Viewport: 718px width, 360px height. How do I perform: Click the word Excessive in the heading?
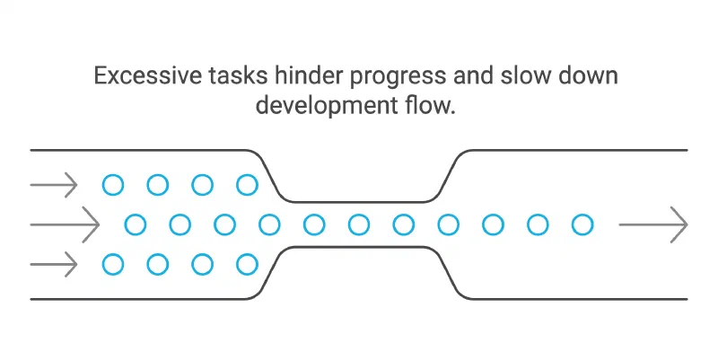[x=147, y=75]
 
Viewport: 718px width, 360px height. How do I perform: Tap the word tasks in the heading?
[x=238, y=75]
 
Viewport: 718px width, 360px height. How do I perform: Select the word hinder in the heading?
[x=309, y=75]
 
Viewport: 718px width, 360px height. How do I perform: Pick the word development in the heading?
[x=327, y=107]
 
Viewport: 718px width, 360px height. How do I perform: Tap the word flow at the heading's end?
[x=430, y=105]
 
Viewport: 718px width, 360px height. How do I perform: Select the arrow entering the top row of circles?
[x=54, y=185]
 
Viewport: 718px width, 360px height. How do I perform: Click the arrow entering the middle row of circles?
[x=65, y=224]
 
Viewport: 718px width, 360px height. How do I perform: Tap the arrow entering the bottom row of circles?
[x=54, y=264]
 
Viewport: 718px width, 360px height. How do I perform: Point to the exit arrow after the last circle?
[x=653, y=224]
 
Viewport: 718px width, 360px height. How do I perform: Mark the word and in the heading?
[x=473, y=75]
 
